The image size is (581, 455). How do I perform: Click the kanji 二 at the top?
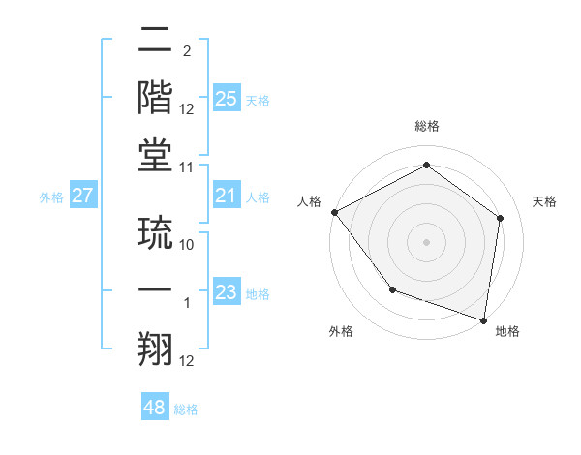click(x=155, y=42)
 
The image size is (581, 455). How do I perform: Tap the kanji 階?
click(x=155, y=98)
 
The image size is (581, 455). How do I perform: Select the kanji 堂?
click(x=155, y=155)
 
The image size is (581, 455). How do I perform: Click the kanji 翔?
click(x=155, y=349)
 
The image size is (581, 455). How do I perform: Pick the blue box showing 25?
click(x=226, y=99)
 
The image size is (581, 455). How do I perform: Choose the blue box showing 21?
click(x=226, y=197)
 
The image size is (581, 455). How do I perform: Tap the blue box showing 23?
click(x=226, y=292)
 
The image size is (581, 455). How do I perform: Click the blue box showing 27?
click(x=82, y=197)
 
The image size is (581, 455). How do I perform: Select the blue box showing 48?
click(x=154, y=408)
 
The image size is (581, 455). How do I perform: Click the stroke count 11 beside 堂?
click(x=188, y=167)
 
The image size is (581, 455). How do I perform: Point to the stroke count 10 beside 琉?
click(x=188, y=245)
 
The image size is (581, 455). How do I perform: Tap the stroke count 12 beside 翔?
click(x=188, y=361)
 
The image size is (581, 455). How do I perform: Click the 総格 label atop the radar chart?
click(x=426, y=126)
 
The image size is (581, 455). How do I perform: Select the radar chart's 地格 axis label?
click(x=507, y=331)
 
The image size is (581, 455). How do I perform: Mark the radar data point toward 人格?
click(x=334, y=212)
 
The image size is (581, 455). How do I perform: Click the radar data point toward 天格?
click(x=500, y=218)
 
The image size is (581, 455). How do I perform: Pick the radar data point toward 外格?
click(x=392, y=289)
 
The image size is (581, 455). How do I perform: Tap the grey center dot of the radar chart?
click(x=426, y=242)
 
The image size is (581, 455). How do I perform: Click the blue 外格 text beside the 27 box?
click(x=51, y=197)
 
